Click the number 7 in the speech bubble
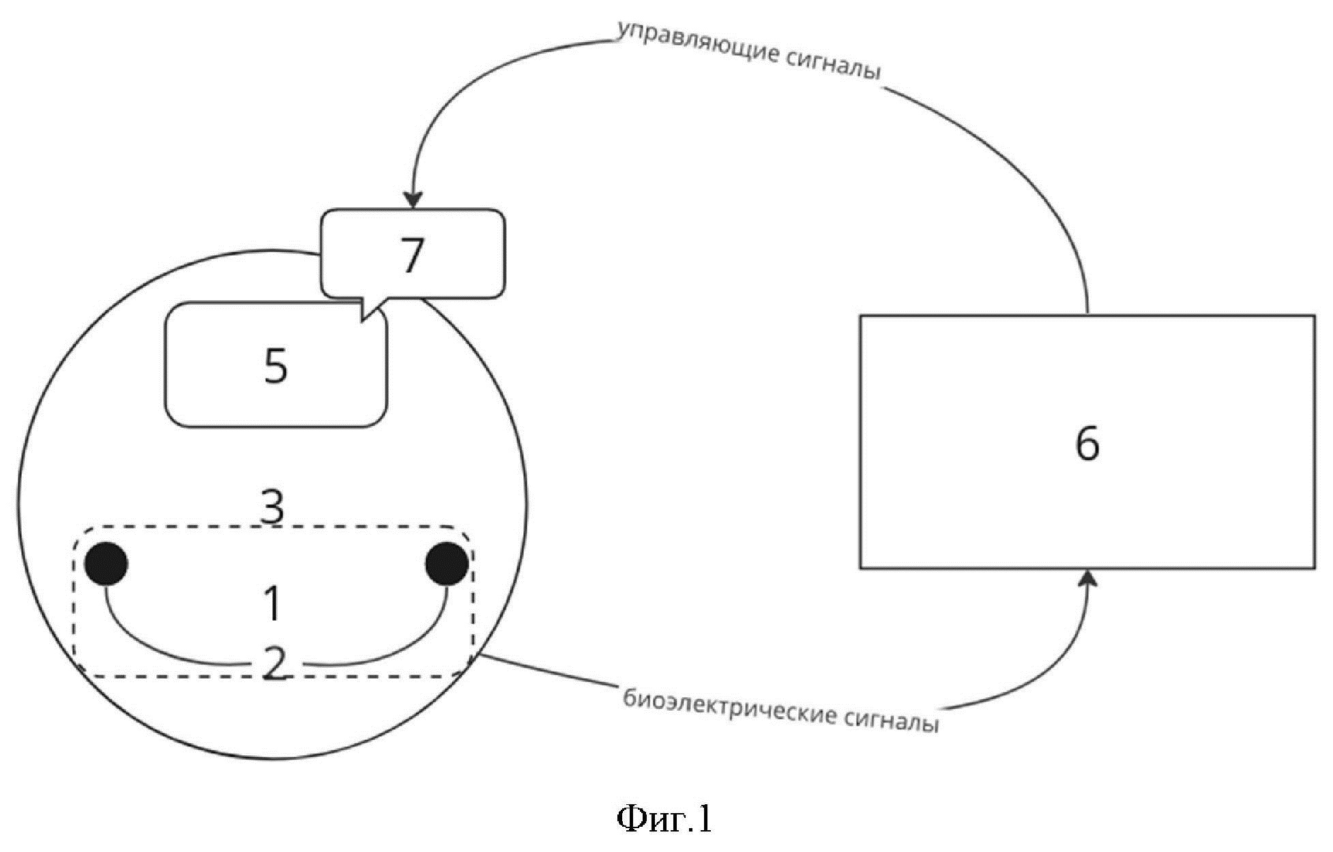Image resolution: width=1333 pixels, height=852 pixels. pyautogui.click(x=411, y=255)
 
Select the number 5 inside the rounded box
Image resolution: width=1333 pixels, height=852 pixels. pyautogui.click(x=276, y=366)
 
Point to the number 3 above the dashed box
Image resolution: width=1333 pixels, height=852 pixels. pyautogui.click(x=273, y=506)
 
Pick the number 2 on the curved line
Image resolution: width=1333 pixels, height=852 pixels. pyautogui.click(x=274, y=663)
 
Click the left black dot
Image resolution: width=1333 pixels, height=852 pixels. pyautogui.click(x=106, y=563)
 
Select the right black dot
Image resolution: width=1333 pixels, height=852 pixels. pyautogui.click(x=448, y=563)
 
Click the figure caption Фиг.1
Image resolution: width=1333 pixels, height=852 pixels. pyautogui.click(x=664, y=819)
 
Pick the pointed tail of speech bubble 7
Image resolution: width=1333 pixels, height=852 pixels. pyautogui.click(x=362, y=319)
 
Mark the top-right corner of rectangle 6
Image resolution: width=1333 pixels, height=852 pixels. pyautogui.click(x=1315, y=315)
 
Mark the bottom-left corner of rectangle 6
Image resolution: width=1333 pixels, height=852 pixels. pyautogui.click(x=860, y=568)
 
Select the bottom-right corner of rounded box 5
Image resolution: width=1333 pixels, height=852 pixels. pyautogui.click(x=386, y=426)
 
